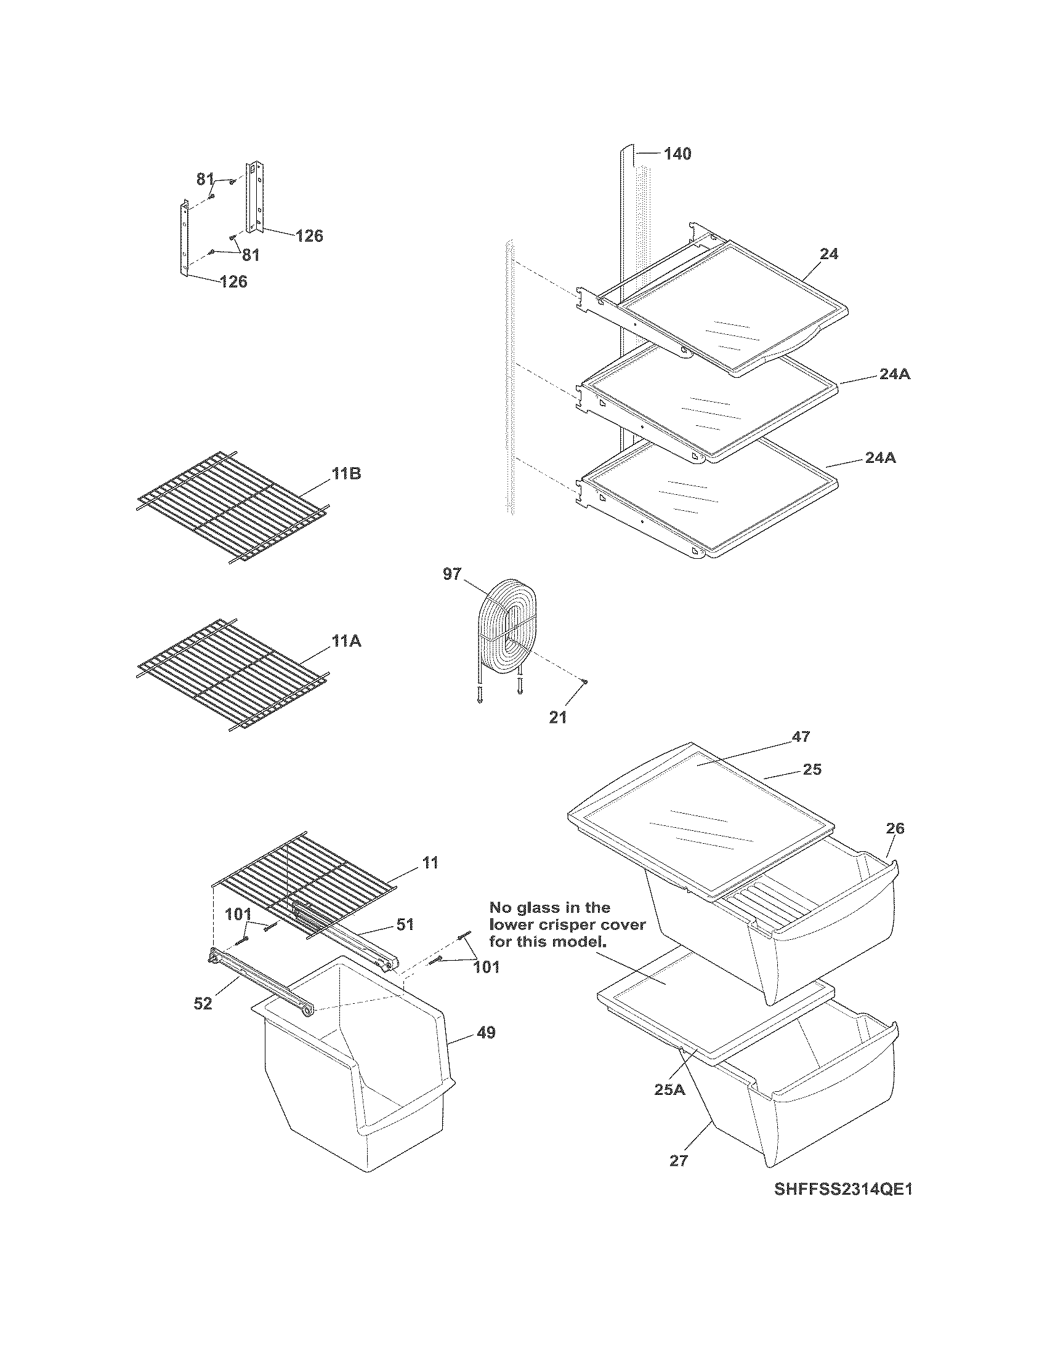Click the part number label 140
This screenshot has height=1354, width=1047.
coord(677,154)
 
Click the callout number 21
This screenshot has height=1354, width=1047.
coord(557,718)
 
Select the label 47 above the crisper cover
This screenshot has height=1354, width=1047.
coord(801,737)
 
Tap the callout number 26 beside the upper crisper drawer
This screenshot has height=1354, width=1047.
coord(895,828)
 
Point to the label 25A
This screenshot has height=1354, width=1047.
coord(670,1089)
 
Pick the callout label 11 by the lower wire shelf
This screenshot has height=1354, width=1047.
coord(430,862)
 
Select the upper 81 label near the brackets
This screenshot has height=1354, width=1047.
coord(205,179)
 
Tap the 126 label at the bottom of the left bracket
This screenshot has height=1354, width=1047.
coord(233,281)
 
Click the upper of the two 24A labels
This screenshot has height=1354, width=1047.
coord(894,374)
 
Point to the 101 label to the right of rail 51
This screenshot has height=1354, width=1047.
coord(487,967)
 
